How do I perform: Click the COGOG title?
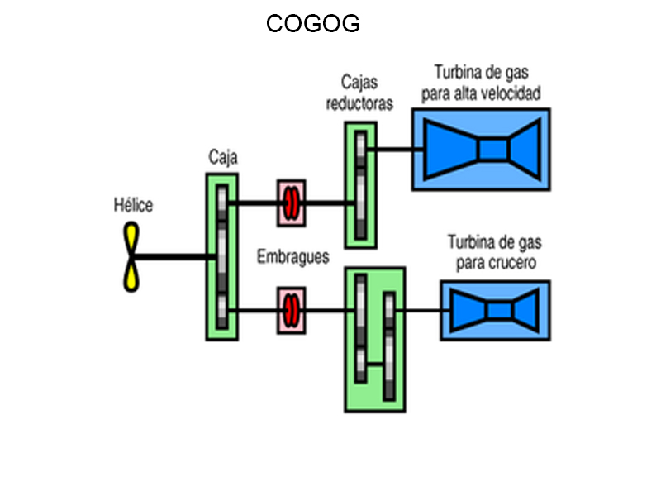312,24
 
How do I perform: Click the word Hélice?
133,205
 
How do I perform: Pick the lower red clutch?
291,310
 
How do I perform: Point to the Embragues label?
292,256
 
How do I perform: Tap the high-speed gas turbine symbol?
483,149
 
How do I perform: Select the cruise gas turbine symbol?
495,310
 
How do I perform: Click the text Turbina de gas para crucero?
495,253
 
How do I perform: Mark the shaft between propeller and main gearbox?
174,257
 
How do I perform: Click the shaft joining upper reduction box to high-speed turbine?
395,150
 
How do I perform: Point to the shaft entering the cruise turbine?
423,311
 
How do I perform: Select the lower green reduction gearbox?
374,339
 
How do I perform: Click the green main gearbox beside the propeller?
222,256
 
